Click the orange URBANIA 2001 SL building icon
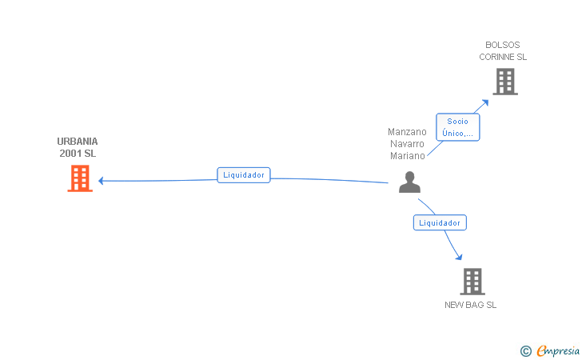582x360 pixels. point(79,178)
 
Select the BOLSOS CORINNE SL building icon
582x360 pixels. point(504,82)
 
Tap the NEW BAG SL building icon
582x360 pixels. point(472,282)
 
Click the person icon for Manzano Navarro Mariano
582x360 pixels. point(409,182)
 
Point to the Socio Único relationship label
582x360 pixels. point(458,127)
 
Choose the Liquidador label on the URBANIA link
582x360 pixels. point(244,174)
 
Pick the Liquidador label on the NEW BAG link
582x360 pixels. point(440,223)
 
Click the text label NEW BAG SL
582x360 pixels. point(471,305)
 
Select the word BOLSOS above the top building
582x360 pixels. point(503,45)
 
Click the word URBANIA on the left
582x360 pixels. point(78,142)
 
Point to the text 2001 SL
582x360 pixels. point(78,153)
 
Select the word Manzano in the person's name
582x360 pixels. point(407,132)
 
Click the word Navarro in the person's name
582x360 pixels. point(407,144)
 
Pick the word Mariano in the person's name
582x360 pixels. point(407,156)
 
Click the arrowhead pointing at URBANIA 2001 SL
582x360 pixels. point(102,181)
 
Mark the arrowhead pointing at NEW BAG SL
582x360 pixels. point(460,257)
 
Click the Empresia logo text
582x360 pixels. point(558,350)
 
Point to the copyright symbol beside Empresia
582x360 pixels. point(525,350)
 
